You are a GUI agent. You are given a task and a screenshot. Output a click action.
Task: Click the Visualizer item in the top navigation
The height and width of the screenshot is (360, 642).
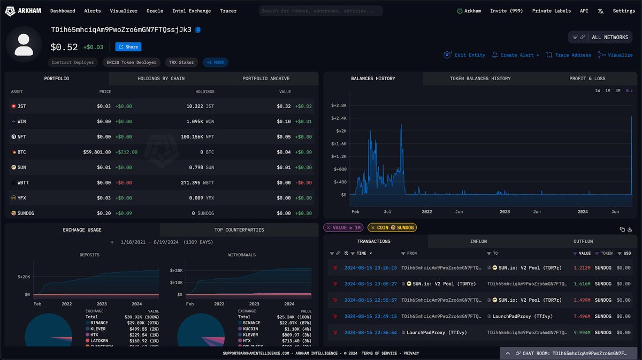[124, 11]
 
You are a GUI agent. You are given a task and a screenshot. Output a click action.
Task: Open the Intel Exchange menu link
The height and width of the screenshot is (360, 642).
[192, 11]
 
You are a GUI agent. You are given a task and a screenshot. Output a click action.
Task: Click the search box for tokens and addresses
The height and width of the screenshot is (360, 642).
[321, 11]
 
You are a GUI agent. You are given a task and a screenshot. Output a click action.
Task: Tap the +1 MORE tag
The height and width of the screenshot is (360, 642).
[215, 63]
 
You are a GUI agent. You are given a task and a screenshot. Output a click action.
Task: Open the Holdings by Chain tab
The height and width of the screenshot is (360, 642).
[161, 79]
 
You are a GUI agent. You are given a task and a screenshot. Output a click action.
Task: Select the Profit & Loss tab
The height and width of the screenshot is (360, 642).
[587, 79]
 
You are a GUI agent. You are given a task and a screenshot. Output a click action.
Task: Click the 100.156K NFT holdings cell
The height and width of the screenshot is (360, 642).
[197, 137]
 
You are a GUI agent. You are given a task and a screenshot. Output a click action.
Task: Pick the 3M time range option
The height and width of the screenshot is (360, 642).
[618, 91]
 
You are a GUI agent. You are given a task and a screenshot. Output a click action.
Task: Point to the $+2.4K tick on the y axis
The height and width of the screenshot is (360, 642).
[339, 118]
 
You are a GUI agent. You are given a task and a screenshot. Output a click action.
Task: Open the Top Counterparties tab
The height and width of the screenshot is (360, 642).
[239, 230]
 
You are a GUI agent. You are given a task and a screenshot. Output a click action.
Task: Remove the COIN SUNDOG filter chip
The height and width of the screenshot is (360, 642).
[373, 228]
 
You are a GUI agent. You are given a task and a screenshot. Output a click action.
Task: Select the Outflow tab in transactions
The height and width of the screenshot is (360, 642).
[583, 242]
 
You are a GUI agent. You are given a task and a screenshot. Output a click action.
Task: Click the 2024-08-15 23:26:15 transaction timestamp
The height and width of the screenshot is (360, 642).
[366, 267]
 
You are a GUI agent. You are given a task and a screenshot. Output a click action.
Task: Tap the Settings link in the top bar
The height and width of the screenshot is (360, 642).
[623, 11]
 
